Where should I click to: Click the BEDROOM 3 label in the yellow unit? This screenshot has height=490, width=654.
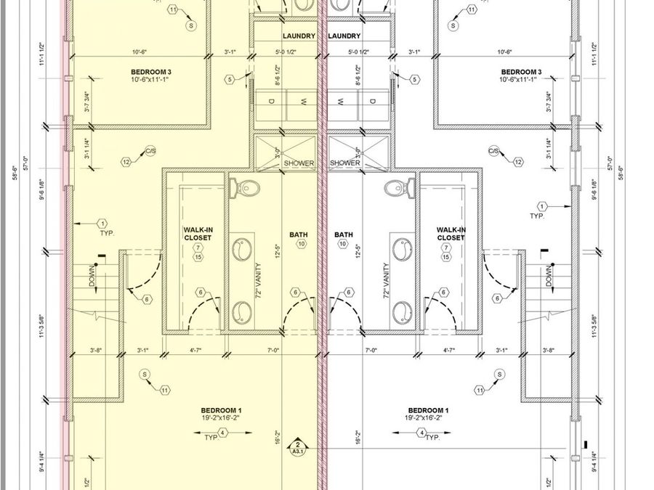coord(151,72)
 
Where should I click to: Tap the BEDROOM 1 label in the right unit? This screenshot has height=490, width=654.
coord(428,410)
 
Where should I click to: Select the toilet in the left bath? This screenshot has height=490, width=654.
coord(246,188)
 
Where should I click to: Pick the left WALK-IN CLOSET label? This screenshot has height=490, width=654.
coord(197,234)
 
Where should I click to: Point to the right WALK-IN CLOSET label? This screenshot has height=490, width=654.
coord(451,234)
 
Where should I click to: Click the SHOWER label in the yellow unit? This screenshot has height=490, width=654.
coord(299,163)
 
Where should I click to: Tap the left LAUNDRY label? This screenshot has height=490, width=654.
coord(299,36)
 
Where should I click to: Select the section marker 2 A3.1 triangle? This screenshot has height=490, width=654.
coord(297,446)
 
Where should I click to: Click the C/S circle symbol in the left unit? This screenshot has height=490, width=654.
coord(150,152)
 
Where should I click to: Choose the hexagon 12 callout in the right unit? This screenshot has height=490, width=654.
coord(518,162)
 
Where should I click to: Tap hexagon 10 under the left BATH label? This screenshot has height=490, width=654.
coord(301,245)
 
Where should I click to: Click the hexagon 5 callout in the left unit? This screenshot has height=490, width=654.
coord(230,79)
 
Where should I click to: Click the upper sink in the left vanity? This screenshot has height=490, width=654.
coord(242,250)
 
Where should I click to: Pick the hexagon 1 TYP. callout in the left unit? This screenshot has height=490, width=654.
coord(102,224)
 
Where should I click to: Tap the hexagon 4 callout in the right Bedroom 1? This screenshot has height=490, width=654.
coord(421,433)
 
